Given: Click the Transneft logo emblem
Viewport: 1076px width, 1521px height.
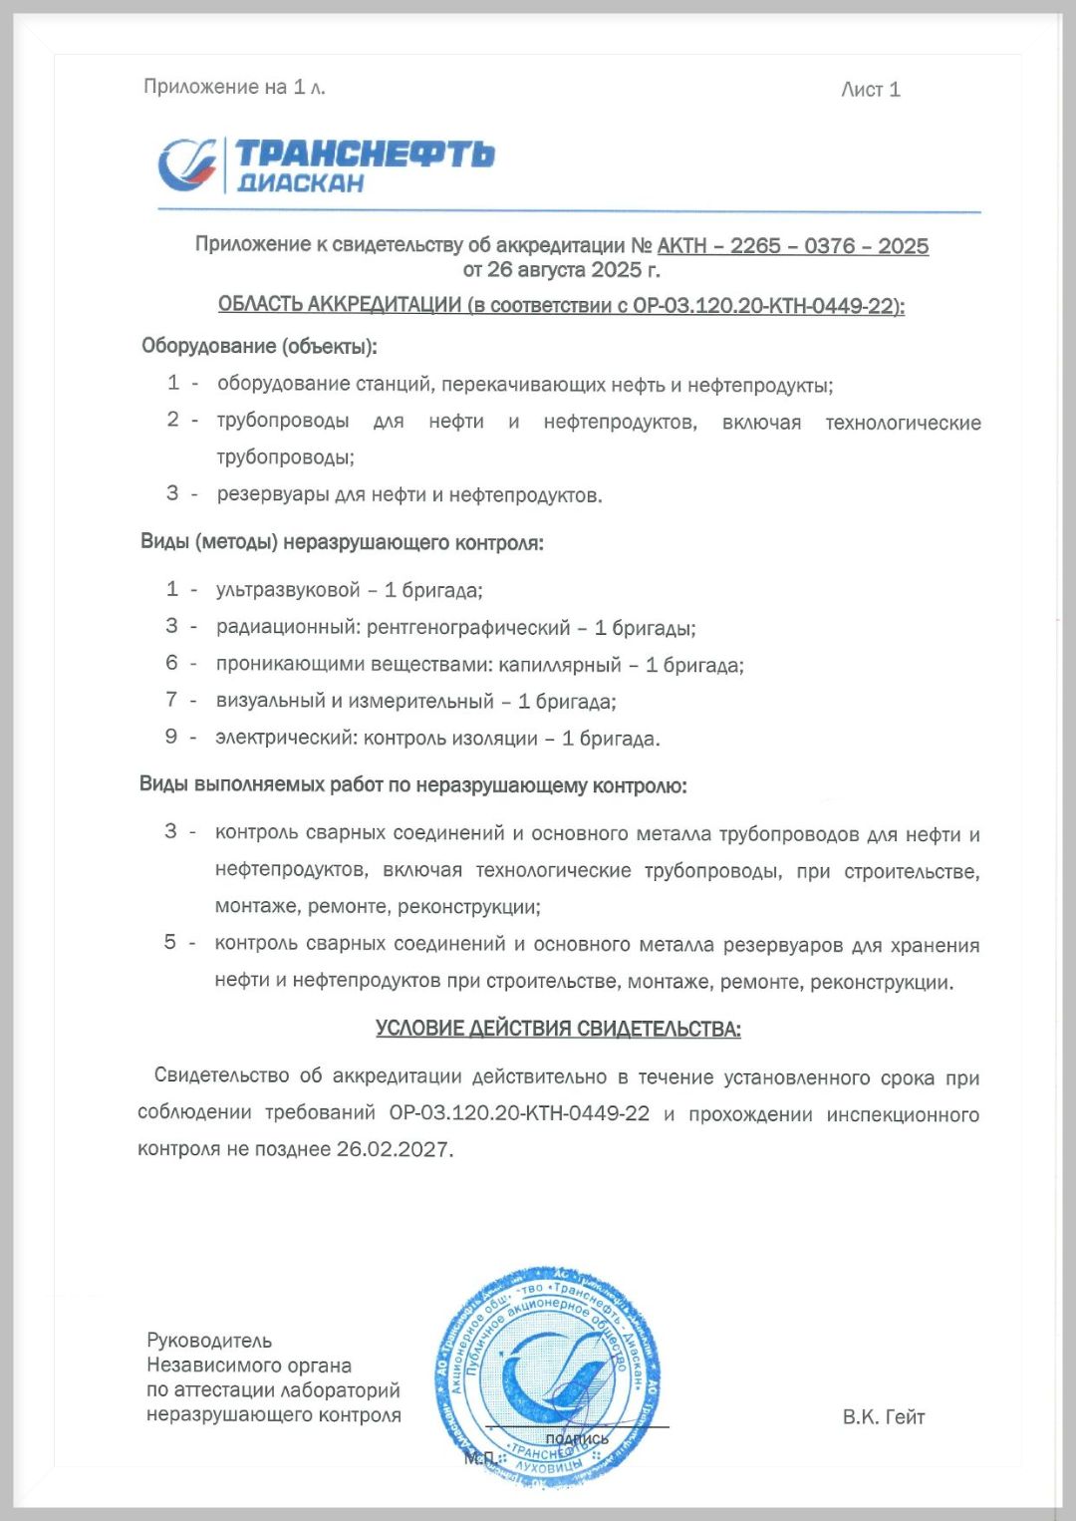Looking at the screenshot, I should coord(188,164).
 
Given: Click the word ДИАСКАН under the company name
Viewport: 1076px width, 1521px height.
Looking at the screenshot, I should coord(300,183).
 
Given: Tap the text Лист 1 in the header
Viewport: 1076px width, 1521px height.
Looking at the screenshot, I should coord(870,90).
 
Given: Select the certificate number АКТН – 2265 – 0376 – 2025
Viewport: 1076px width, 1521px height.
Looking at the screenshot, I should coord(793,246).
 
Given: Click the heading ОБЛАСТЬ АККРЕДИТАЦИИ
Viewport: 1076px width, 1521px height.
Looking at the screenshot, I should coord(340,305).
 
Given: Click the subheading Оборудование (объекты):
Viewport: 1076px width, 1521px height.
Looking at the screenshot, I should coord(259,347).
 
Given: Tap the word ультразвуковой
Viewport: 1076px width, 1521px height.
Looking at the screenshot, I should coord(288,590).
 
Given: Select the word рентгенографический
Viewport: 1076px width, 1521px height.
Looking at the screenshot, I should coord(468,628).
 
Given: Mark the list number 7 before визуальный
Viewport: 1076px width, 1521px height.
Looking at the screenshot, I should coord(171,700).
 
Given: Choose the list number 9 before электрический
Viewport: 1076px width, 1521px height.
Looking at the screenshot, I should coord(171,737).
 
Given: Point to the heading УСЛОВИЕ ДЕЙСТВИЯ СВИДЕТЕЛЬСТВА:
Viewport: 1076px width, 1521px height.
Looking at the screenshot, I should coord(558,1029).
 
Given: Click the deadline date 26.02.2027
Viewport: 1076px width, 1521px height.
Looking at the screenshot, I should coord(393,1149).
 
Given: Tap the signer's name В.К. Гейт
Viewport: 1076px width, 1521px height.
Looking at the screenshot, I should coord(883,1416).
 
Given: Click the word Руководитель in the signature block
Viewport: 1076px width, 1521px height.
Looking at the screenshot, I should coord(209,1341).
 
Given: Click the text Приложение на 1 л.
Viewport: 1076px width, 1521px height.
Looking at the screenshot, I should coord(234,88).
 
